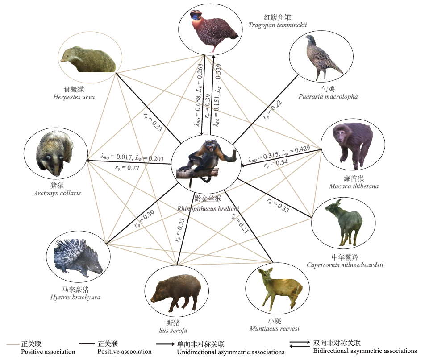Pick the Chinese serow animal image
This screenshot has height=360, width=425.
pos(344,222)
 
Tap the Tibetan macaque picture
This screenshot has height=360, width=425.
pos(352,145)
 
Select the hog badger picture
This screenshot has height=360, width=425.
pos(54,153)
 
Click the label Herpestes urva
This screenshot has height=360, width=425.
pos(74,97)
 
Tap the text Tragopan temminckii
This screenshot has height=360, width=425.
pos(278,25)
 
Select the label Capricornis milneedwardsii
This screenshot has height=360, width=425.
pos(345,265)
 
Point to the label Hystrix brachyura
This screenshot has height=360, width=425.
pos(75,298)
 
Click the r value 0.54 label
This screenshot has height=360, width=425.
pos(276,163)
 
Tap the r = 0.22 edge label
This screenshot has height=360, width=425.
pos(273,110)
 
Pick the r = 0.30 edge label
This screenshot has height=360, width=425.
pos(145,218)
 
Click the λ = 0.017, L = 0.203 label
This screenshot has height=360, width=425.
pos(132,157)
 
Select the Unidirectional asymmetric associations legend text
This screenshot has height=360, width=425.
pos(231,352)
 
